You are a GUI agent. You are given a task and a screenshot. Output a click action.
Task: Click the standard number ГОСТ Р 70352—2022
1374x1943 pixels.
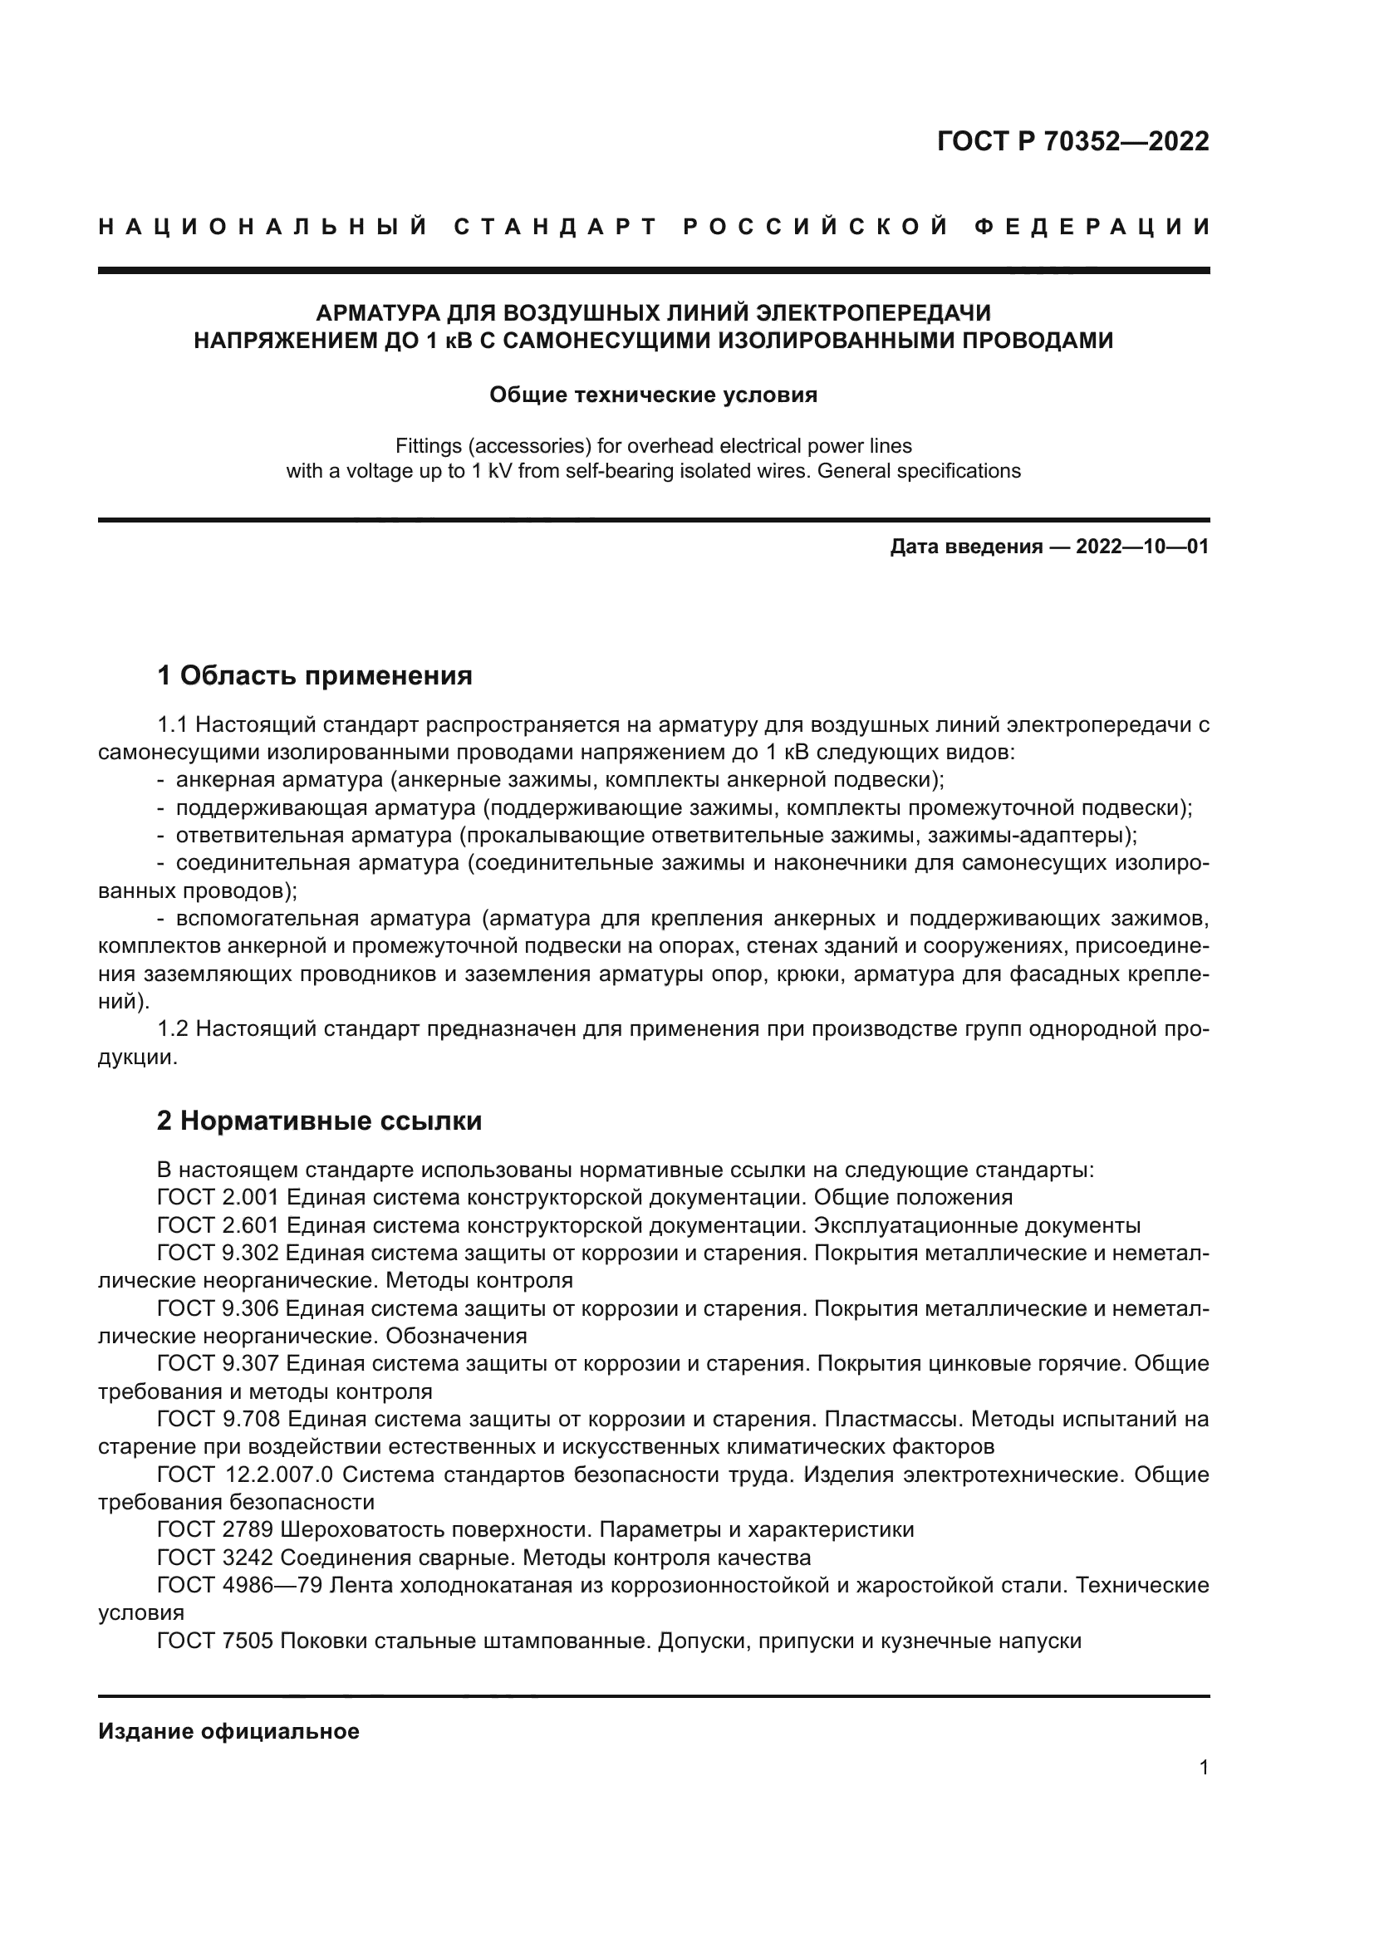tap(1072, 141)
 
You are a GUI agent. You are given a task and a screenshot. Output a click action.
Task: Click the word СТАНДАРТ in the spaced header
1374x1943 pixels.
tap(555, 227)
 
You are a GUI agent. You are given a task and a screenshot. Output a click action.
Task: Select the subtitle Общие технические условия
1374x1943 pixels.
tap(653, 395)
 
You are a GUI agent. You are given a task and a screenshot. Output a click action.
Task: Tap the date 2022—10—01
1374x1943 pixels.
tap(1141, 547)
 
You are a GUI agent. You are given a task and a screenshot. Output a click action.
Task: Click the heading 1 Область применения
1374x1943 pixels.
tap(314, 675)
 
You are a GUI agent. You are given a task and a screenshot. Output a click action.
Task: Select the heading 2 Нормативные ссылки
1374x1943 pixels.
tap(319, 1121)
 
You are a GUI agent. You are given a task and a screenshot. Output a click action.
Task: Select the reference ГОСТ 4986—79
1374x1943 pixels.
tap(239, 1585)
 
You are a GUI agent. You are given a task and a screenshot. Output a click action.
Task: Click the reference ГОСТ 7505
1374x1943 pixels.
tap(215, 1641)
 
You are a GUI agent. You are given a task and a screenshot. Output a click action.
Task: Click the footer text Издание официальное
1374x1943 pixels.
tap(228, 1731)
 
